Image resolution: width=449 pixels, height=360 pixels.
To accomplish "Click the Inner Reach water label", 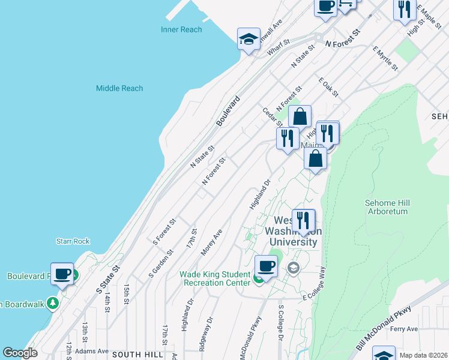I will pyautogui.click(x=181, y=29).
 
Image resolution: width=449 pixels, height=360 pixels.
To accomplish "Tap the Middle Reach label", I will pyautogui.click(x=119, y=88).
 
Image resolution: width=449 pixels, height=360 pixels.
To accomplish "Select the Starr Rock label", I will pyautogui.click(x=73, y=241).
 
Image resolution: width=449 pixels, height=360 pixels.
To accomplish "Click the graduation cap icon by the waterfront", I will pyautogui.click(x=249, y=40).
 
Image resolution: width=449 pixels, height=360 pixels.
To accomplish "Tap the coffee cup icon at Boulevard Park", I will pyautogui.click(x=62, y=274).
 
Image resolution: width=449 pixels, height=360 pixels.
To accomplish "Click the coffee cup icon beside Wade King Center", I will pyautogui.click(x=266, y=266).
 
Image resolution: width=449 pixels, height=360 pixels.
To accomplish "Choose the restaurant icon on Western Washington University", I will pyautogui.click(x=303, y=221).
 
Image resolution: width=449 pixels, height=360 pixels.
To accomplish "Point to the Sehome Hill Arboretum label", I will pyautogui.click(x=386, y=207).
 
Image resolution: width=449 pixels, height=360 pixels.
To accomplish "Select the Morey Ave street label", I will pyautogui.click(x=212, y=242).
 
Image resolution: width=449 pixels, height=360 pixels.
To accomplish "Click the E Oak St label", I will pyautogui.click(x=329, y=87).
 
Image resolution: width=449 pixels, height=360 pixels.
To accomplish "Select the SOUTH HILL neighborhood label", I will pyautogui.click(x=137, y=355).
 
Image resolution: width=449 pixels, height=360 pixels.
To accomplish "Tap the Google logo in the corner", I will pyautogui.click(x=20, y=353).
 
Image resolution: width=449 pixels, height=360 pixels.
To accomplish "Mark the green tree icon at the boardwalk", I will pyautogui.click(x=53, y=303).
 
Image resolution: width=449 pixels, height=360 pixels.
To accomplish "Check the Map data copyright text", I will pyautogui.click(x=423, y=355).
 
